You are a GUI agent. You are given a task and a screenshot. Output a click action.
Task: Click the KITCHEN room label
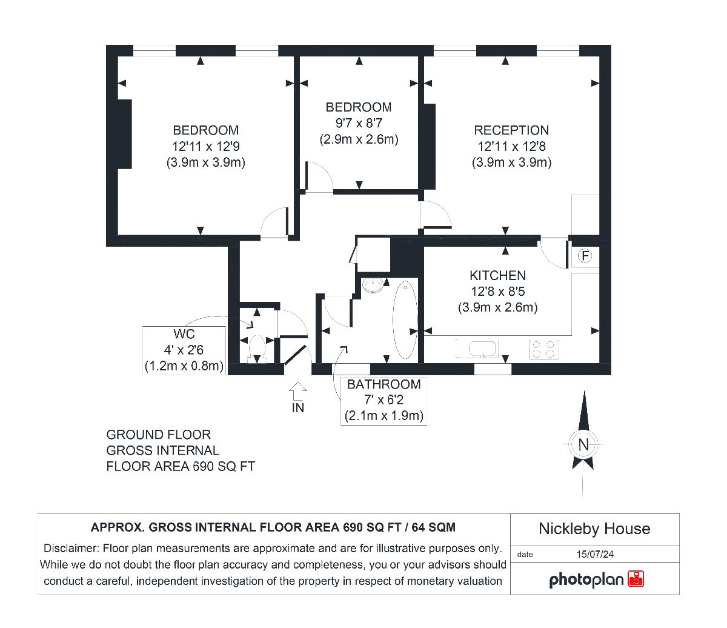point(497,275)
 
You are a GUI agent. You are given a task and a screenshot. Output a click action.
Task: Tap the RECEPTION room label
point(511,130)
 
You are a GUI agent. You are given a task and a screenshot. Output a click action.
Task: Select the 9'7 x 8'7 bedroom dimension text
point(359,123)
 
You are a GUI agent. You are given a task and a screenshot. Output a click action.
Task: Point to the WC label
point(184,334)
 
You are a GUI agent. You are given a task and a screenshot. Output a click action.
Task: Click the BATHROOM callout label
point(383,384)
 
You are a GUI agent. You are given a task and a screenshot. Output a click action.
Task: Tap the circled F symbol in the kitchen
point(585,256)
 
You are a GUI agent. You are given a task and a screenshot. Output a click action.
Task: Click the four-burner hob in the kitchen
point(544,349)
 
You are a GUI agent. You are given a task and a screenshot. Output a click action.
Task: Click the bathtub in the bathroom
point(405,319)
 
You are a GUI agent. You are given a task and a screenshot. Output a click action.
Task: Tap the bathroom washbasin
point(373,286)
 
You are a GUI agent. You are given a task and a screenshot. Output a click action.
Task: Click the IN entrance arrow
point(297,391)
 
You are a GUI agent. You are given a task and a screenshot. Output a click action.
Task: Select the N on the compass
point(583,444)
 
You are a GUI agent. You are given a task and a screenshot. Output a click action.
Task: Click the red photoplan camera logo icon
point(636,579)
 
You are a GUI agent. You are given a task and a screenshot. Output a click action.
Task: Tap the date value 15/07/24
point(595,555)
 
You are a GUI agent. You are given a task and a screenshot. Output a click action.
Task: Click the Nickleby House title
point(594,529)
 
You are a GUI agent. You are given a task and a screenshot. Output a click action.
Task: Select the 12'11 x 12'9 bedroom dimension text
point(206,147)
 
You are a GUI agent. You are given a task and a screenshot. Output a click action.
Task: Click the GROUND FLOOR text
point(158,435)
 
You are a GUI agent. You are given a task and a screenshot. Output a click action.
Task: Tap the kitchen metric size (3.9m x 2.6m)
point(497,307)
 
